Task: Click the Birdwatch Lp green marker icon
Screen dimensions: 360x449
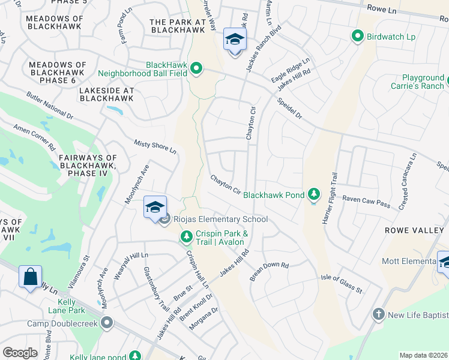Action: pos(358,37)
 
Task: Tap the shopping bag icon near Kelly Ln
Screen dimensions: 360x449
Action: pos(30,277)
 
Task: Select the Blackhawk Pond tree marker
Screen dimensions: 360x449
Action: pos(313,194)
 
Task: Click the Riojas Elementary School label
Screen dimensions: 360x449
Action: pos(220,220)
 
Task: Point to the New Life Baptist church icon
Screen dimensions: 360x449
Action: pos(379,314)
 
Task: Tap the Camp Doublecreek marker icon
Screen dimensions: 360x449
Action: pos(107,323)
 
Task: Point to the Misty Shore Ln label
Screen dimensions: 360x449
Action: pos(155,146)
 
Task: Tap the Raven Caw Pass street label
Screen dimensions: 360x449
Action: pos(366,201)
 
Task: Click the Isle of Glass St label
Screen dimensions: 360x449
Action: pos(342,282)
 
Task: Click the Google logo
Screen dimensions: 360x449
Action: pos(20,353)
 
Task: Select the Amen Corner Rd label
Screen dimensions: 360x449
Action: pos(34,138)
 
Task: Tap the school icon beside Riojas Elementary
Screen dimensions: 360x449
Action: pos(155,208)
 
